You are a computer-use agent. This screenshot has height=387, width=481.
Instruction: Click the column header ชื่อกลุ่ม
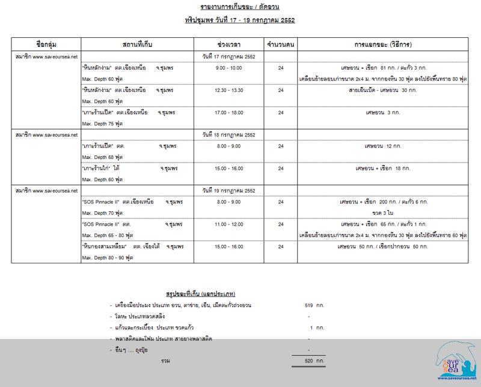click(46, 44)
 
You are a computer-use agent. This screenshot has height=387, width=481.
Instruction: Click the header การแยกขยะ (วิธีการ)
click(383, 44)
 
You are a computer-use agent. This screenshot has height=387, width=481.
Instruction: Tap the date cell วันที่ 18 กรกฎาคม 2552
click(231, 134)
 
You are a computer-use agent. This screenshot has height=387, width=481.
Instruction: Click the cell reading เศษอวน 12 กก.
click(383, 146)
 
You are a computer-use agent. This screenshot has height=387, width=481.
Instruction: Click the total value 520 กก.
click(314, 362)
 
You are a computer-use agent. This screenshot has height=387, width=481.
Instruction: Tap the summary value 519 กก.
click(314, 305)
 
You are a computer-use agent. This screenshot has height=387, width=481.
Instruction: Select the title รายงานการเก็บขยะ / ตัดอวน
click(239, 7)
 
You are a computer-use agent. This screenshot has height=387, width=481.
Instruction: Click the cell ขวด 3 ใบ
click(382, 212)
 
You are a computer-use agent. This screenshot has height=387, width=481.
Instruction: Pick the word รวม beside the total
click(159, 362)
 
